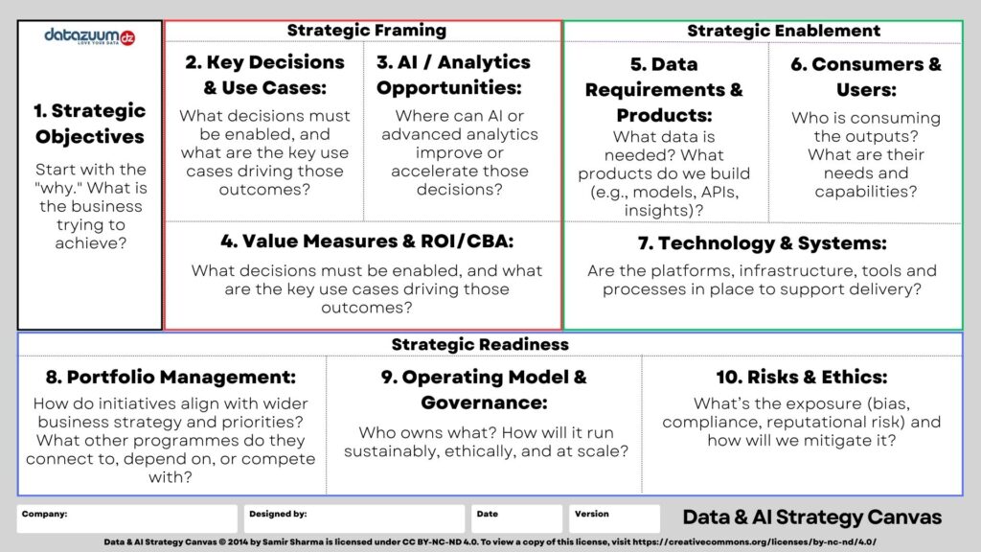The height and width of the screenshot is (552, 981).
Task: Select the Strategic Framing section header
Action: coord(366,30)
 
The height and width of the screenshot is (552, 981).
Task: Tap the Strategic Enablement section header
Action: coord(783,31)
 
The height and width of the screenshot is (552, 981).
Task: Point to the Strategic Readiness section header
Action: coord(479,344)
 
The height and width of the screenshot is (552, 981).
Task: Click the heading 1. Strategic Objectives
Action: coord(90,124)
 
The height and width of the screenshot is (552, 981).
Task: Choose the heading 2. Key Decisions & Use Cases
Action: coord(263,75)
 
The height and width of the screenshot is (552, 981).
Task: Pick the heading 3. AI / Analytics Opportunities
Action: coord(452,75)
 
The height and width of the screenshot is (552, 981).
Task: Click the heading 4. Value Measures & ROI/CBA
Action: coord(367,241)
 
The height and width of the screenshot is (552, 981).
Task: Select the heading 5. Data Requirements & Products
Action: coord(664,90)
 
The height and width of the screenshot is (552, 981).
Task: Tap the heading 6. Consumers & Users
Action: coord(865,77)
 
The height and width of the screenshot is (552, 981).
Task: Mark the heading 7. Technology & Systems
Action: coord(762,243)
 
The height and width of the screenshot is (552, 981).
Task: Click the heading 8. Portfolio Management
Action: coord(171,377)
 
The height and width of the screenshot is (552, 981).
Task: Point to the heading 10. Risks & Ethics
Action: coord(801,377)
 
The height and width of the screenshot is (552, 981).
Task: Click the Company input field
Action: coord(127,519)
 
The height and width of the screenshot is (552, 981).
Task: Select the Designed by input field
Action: coord(354,519)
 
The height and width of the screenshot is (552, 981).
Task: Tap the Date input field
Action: coord(516,519)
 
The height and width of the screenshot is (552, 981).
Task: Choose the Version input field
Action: coord(614,519)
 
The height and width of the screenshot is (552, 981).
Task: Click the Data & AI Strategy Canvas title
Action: coord(811,517)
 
